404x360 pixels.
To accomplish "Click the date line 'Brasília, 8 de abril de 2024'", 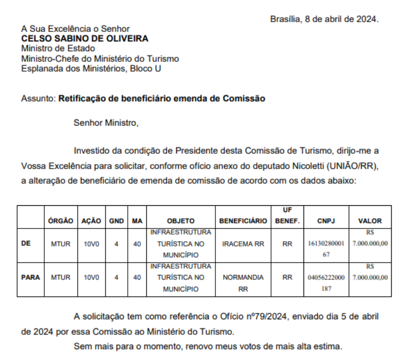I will tap(324, 19).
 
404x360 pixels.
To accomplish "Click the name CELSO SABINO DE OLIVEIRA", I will tap(85, 39).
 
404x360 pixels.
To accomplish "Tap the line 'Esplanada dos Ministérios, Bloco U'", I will tap(91, 69).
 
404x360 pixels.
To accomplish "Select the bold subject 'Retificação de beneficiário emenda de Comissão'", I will tap(162, 98).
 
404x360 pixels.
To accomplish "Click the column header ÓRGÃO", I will tap(60, 221).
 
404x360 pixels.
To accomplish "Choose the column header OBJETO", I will tap(180, 221).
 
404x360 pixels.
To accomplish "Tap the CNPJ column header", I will tap(326, 221).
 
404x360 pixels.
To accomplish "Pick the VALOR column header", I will tap(369, 221).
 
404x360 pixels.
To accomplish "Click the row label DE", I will tap(26, 243).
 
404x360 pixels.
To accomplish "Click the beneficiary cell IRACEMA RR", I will tap(243, 243).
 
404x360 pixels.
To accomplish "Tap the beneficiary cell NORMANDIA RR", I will tap(243, 283).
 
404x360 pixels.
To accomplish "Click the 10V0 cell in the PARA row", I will tap(91, 277).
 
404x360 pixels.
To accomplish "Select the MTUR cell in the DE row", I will tap(60, 243).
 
